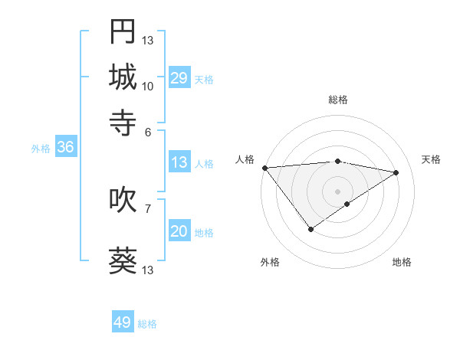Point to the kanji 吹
click(123, 200)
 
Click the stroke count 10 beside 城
click(148, 86)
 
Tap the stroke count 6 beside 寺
click(148, 131)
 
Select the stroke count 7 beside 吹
click(148, 208)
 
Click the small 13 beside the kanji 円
click(148, 40)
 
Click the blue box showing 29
click(179, 78)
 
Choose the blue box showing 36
click(65, 148)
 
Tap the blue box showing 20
click(179, 232)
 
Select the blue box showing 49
click(123, 322)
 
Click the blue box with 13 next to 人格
click(179, 162)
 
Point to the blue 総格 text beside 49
click(147, 324)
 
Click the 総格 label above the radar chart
click(337, 100)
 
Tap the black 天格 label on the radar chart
click(431, 159)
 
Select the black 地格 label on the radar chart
click(402, 262)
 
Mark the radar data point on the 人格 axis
click(264, 168)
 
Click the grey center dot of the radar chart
click(337, 191)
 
